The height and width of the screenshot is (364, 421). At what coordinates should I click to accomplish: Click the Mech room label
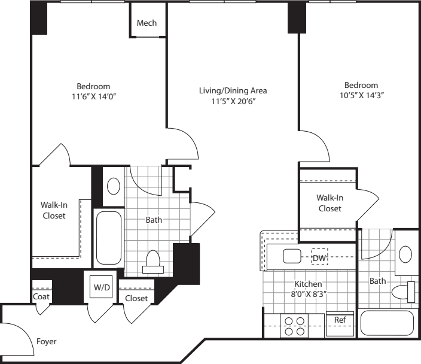pyautogui.click(x=147, y=23)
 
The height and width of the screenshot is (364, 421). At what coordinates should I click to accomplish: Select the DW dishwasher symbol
pyautogui.click(x=320, y=257)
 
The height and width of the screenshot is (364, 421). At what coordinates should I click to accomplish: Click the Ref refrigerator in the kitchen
pyautogui.click(x=339, y=320)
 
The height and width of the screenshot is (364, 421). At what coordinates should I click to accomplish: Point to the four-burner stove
pyautogui.click(x=294, y=325)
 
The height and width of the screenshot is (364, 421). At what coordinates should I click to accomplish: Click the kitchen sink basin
pyautogui.click(x=292, y=257)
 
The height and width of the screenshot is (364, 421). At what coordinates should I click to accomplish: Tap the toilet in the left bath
pyautogui.click(x=154, y=261)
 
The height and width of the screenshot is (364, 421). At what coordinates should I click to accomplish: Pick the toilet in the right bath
pyautogui.click(x=403, y=292)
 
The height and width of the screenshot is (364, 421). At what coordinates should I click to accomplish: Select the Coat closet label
pyautogui.click(x=41, y=296)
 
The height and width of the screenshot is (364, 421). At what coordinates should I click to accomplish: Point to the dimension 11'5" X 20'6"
pyautogui.click(x=233, y=102)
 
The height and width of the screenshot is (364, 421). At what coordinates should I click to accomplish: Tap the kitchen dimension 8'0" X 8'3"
pyautogui.click(x=308, y=294)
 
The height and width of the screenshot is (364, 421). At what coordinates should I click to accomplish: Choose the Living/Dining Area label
pyautogui.click(x=233, y=90)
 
